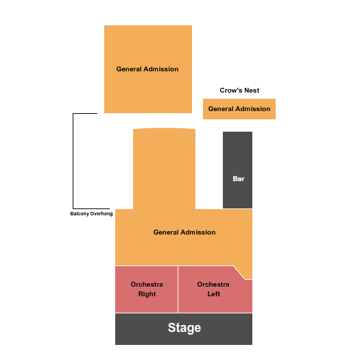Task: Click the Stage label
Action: click(184, 328)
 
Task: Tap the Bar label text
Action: click(239, 178)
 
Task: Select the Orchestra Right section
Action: click(147, 289)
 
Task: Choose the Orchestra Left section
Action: click(215, 290)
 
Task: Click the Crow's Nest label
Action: click(239, 91)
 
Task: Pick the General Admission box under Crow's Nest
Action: click(239, 109)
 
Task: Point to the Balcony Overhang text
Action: click(91, 214)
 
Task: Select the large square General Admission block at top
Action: click(148, 69)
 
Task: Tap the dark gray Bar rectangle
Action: click(238, 170)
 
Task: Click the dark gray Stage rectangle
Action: click(184, 329)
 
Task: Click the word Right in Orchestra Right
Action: click(147, 294)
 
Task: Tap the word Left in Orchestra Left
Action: click(214, 294)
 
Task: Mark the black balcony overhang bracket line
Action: click(73, 161)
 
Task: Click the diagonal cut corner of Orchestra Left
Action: click(239, 272)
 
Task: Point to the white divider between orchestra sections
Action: click(178, 289)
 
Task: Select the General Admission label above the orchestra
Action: click(184, 232)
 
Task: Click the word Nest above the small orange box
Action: click(252, 91)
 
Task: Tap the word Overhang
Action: click(101, 214)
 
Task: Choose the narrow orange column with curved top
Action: click(164, 169)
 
